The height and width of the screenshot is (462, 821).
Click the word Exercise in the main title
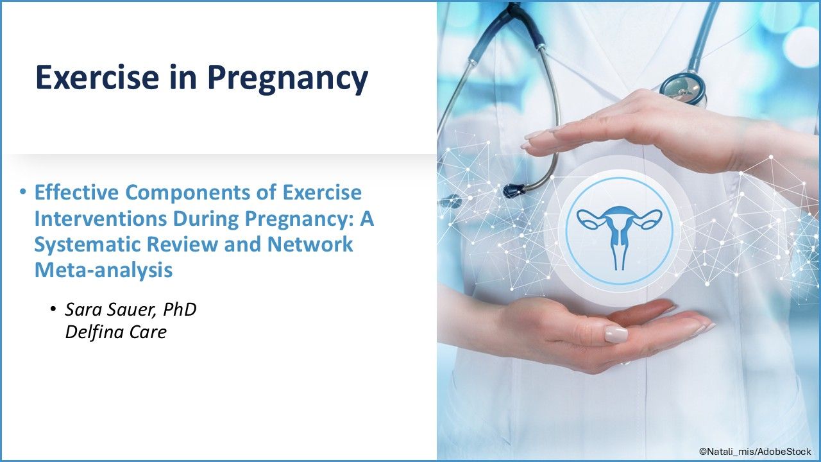point(97,78)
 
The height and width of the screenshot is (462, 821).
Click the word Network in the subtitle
point(310,244)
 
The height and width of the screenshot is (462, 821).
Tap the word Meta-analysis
point(103,270)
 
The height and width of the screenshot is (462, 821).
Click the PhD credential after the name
point(180,309)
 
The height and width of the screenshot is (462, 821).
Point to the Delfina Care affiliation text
point(116,332)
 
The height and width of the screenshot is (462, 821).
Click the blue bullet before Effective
point(24,192)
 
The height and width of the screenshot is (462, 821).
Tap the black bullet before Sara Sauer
point(53,309)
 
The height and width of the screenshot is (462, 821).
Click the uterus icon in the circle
point(620,237)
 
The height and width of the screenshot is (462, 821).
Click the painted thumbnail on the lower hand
point(616,334)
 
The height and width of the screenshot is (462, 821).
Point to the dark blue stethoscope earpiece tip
point(514,191)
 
